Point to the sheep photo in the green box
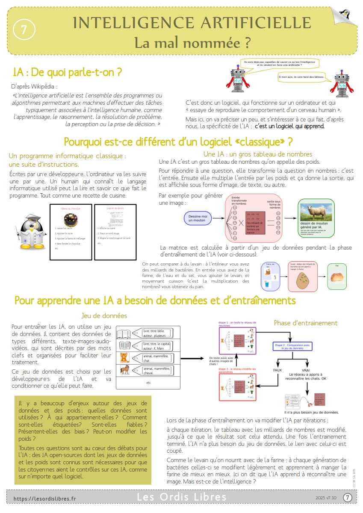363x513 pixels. click(316, 212)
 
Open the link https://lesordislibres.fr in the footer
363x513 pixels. click(44, 498)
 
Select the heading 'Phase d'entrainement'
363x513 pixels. click(305, 323)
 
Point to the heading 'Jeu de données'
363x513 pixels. click(104, 316)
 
